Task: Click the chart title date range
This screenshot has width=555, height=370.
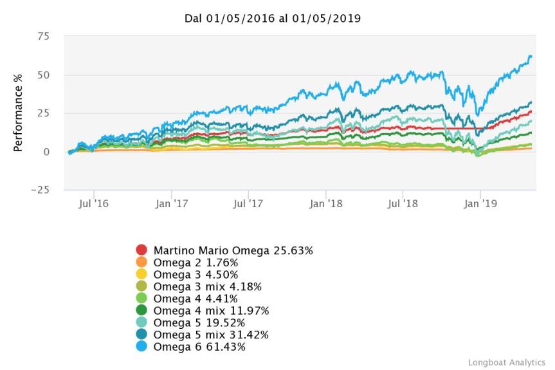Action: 273,18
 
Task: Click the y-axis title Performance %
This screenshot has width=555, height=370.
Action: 19,113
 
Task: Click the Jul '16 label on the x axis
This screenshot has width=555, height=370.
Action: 94,204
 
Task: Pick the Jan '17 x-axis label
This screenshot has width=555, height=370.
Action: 171,204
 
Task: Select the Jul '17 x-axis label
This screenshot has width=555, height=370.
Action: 248,204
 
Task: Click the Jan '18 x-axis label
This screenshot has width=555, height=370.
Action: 325,204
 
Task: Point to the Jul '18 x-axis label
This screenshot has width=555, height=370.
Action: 403,204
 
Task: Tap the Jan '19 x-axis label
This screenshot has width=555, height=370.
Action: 480,204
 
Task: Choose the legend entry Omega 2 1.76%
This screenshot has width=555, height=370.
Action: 196,263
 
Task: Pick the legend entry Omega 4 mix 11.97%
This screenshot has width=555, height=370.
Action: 210,311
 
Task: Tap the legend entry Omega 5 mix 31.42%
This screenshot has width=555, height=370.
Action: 210,335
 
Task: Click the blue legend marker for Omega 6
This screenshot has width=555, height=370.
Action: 141,347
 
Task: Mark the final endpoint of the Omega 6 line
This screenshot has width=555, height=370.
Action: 531,56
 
